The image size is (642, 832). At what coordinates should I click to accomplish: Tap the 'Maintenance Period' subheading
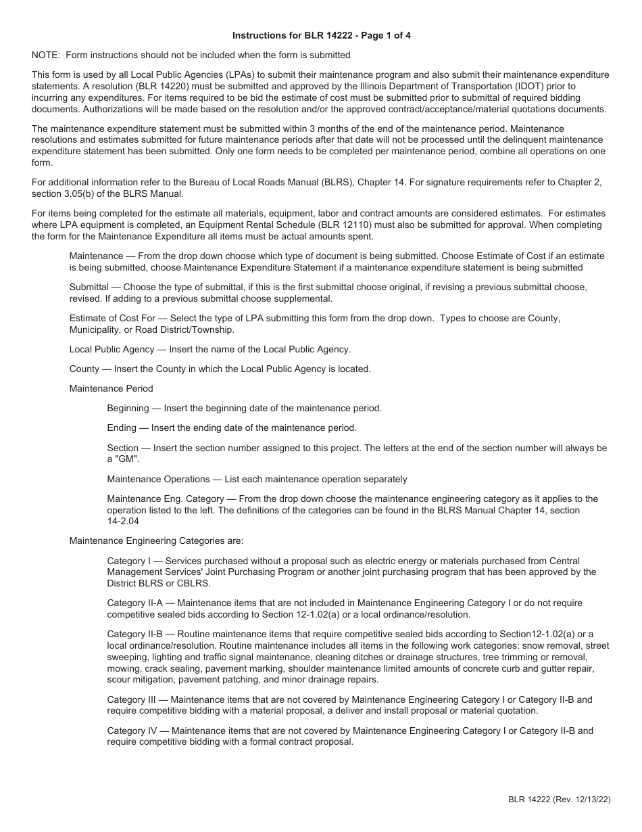(x=111, y=388)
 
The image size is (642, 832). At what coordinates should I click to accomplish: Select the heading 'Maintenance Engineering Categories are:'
(x=156, y=540)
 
